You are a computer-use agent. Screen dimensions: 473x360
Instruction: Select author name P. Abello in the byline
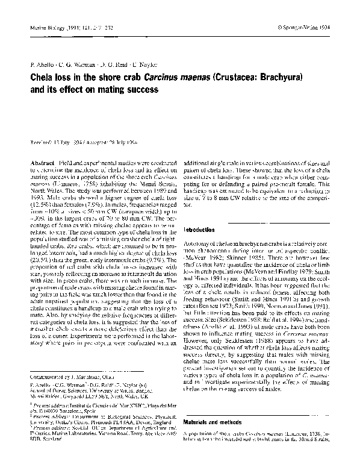pyautogui.click(x=40, y=62)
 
